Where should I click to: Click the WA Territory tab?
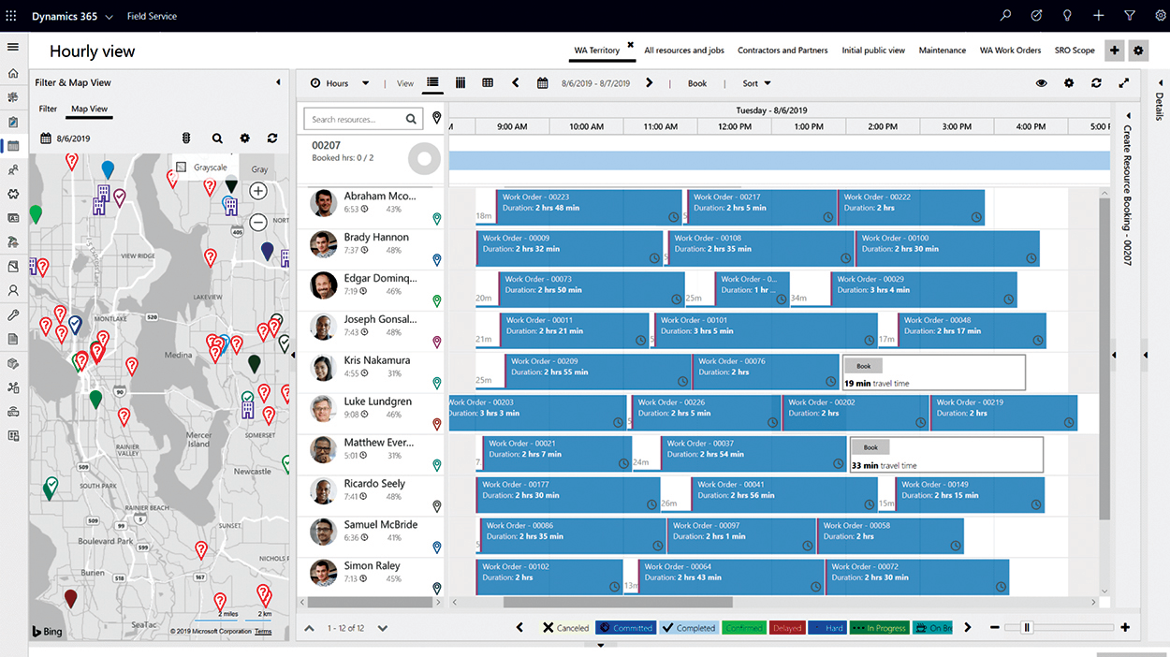point(596,51)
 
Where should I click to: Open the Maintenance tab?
point(942,51)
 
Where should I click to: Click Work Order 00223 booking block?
point(589,207)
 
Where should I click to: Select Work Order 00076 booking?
point(765,372)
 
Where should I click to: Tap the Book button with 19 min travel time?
point(863,367)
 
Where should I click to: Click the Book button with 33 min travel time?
point(870,448)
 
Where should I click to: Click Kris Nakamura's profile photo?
point(324,368)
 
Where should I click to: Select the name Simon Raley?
point(372,566)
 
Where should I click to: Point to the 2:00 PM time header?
point(883,126)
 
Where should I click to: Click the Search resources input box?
point(356,119)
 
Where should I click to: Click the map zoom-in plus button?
point(258,191)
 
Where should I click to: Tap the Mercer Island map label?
point(198,439)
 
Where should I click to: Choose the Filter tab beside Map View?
point(48,109)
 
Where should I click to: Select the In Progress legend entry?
point(878,628)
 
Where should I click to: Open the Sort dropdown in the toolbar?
point(756,83)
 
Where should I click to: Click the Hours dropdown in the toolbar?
point(341,83)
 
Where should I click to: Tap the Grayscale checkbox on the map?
point(182,168)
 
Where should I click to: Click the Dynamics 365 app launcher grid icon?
point(11,16)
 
